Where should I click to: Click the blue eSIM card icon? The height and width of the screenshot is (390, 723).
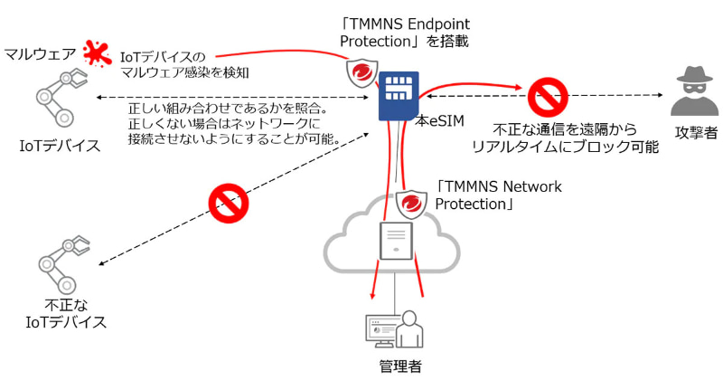(x=395, y=92)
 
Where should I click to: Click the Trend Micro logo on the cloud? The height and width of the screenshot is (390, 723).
(x=413, y=205)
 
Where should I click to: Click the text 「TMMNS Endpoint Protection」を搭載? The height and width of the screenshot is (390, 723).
(x=403, y=33)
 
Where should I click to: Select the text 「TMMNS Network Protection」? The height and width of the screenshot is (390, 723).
(x=498, y=195)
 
